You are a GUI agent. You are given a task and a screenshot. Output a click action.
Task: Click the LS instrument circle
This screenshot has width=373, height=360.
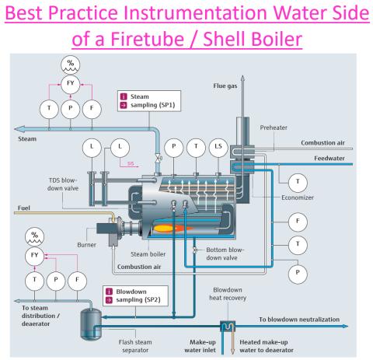coord(218,147)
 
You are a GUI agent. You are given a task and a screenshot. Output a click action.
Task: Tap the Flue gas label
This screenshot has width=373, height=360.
coord(225,86)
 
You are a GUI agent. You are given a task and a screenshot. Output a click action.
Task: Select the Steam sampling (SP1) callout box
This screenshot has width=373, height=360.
coord(149,101)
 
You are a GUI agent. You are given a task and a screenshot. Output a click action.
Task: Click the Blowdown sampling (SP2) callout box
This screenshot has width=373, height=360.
coord(135,295)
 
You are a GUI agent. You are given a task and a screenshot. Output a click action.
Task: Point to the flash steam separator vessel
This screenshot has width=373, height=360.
coord(91,324)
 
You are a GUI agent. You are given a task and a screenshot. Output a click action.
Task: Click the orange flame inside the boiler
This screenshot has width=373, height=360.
coord(171,229)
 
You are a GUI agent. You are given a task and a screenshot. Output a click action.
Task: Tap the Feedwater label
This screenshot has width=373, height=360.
coord(329,159)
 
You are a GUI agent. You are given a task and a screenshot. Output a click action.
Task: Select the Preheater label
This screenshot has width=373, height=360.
coord(274,128)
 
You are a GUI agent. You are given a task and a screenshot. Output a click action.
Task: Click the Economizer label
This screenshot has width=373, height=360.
coord(298,197)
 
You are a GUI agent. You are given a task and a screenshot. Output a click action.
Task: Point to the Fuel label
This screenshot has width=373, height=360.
coord(24,208)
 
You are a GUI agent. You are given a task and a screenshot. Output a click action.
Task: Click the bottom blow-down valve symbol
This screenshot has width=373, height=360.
coord(195,250)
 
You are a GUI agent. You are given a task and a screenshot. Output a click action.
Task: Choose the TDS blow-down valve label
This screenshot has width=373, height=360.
coord(63,184)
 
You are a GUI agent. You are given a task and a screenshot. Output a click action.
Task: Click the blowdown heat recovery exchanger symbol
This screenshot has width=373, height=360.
coord(228,327)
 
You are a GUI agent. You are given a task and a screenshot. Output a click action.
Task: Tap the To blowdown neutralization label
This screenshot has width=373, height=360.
coord(299,320)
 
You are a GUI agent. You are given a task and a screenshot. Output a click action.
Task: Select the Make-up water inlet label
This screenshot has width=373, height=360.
coord(200,346)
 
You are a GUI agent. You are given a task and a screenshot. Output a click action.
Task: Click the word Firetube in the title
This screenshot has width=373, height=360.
coord(147,39)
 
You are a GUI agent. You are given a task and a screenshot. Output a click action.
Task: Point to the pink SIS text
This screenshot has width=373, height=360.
coord(131,164)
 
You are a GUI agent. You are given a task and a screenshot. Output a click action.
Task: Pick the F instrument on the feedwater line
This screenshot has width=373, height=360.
coord(298,222)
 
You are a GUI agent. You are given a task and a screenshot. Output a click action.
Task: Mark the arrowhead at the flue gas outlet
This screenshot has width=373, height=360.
coord(242,78)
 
